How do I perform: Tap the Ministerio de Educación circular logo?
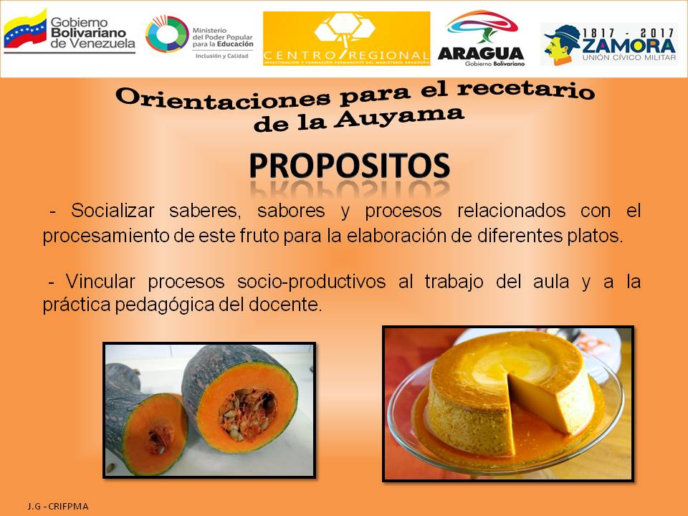coord(167,34)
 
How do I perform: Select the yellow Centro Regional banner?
coord(347,39)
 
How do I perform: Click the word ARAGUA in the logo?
coord(480,53)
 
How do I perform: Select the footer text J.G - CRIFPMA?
coord(58,506)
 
